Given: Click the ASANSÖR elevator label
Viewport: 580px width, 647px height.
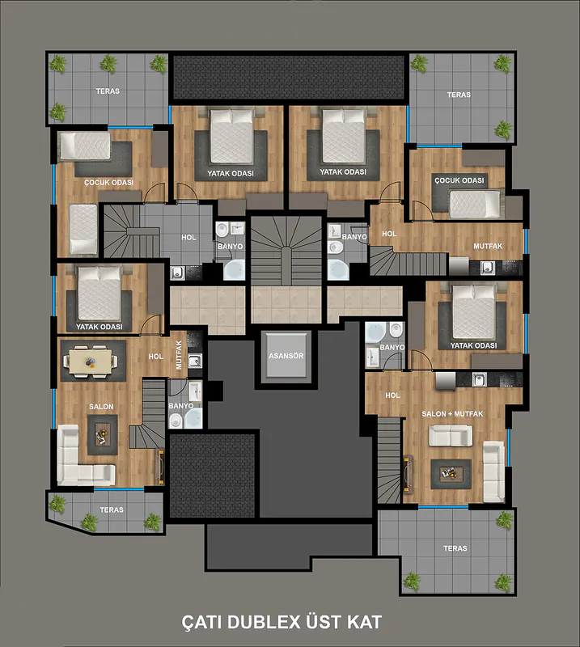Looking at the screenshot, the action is coord(286,356).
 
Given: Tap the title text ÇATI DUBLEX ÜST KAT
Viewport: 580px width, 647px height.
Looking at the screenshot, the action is coord(282,622).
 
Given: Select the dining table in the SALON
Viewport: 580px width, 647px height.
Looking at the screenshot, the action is coord(91,362).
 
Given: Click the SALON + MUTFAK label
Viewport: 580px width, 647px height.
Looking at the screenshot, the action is coord(452,414).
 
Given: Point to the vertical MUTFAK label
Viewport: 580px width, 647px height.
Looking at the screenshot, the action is coord(179,355).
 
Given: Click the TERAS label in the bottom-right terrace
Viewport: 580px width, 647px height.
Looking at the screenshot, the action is coord(455,548).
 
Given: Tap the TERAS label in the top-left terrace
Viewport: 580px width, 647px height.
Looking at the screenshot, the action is coord(108,91).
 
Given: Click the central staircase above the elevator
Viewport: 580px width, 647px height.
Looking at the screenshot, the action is coord(286,251).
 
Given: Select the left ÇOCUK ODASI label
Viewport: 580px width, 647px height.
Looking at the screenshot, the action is coord(109,183).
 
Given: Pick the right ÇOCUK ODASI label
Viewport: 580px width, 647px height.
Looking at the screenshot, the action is coord(459,180).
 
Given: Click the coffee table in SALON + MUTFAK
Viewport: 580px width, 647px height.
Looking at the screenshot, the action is coord(451,474).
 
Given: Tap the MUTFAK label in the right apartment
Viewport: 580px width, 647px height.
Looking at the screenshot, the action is coord(488,247).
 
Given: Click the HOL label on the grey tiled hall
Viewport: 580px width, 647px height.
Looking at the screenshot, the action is coord(188,237).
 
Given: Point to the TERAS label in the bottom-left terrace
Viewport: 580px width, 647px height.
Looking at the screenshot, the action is coord(112,510).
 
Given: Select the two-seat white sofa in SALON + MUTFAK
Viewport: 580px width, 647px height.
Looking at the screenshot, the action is coord(451,436).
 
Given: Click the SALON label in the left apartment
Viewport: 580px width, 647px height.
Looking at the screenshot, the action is coord(101,407).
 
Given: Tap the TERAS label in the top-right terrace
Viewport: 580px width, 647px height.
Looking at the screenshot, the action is coord(459,95).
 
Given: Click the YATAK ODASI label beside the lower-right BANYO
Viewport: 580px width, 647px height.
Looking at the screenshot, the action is coord(473,346).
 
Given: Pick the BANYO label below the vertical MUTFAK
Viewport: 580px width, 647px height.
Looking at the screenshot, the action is coord(181,406).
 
